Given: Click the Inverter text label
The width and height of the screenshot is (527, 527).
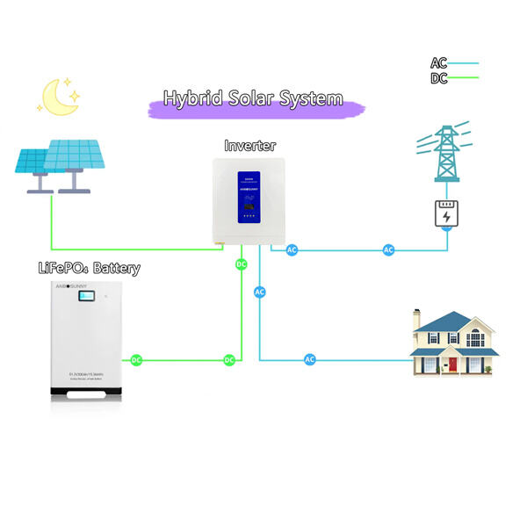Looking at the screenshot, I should (x=249, y=145).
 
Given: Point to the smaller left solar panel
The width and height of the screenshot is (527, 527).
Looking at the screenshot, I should (x=36, y=161).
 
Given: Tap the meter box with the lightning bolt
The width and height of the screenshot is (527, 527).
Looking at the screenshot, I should (x=448, y=215).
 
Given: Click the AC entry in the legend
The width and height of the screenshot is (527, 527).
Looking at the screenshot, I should (x=439, y=63).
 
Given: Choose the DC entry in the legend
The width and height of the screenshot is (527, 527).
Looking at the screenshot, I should (x=439, y=78).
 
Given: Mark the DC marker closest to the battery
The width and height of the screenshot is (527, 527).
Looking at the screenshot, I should (x=136, y=360).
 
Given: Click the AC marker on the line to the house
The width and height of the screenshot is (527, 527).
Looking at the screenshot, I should (x=309, y=360).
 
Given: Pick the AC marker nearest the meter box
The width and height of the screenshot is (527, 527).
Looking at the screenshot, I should (x=388, y=250).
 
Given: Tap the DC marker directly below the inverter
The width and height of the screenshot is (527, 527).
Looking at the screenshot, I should (x=242, y=264).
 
